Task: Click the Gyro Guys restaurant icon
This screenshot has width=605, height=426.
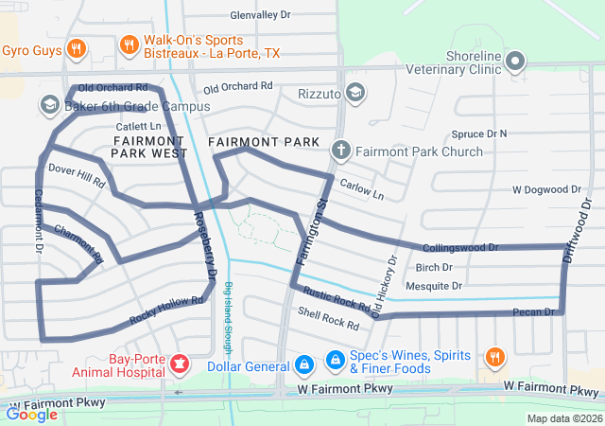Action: tap(78, 49)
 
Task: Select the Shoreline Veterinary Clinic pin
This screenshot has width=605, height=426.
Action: tap(515, 62)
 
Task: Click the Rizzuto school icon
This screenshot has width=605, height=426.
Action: tap(354, 93)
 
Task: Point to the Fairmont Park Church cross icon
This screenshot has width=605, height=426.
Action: tap(340, 150)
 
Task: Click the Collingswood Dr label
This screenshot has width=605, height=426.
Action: tap(460, 247)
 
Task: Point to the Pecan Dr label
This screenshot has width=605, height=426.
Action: tap(534, 311)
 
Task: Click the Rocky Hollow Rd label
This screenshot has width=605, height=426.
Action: tap(167, 311)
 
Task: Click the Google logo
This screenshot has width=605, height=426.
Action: tap(32, 414)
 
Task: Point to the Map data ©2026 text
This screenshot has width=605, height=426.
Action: tap(562, 418)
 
